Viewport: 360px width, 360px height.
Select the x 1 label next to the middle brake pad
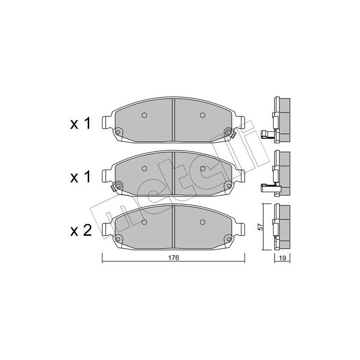click(81, 177)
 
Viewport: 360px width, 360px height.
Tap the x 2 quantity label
click(81, 231)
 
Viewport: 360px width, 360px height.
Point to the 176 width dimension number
click(174, 258)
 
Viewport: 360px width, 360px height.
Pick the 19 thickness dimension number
click(283, 258)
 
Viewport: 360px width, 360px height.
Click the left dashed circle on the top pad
click(144, 115)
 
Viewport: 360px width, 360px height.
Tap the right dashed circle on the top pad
click(202, 115)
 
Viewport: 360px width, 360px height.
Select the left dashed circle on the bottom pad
click(144, 222)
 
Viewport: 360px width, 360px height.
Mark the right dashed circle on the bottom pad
click(202, 222)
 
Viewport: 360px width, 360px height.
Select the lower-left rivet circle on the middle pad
click(118, 185)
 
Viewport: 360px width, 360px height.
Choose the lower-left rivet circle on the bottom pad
click(118, 238)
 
